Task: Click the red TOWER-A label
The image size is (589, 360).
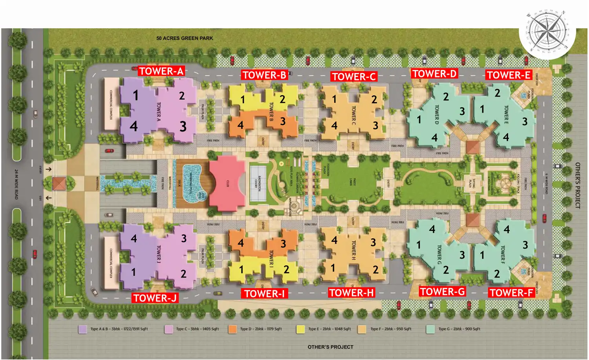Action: (x=161, y=71)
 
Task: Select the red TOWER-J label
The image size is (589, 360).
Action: (x=155, y=298)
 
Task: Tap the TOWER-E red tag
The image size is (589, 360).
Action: (x=509, y=75)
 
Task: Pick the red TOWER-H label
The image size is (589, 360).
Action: (x=351, y=292)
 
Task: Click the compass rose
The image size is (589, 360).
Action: (x=547, y=32)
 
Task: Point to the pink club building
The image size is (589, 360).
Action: (x=227, y=183)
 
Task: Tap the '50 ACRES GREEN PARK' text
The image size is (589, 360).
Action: (x=185, y=38)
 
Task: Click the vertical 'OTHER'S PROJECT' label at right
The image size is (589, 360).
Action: (x=578, y=185)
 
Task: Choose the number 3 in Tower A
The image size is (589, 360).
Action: (x=183, y=126)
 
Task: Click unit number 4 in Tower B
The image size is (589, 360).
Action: (x=240, y=125)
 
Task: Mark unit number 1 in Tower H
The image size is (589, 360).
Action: (x=333, y=268)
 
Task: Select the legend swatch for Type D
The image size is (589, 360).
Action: (x=233, y=329)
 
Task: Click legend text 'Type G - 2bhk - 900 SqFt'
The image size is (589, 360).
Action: (x=459, y=329)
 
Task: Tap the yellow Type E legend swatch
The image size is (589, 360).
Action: (x=301, y=329)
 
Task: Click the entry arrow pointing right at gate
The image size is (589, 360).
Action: (x=48, y=169)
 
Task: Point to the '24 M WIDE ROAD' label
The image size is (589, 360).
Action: (x=16, y=184)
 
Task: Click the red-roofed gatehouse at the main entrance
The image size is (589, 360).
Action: (x=59, y=183)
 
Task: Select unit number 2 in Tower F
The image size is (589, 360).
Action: (x=497, y=273)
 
